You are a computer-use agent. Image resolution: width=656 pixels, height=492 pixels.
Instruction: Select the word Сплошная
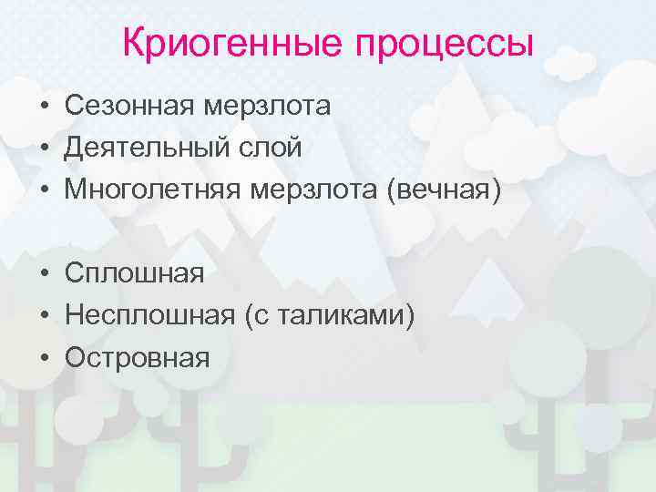click(134, 272)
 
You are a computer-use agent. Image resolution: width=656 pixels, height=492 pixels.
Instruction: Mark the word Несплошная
click(149, 315)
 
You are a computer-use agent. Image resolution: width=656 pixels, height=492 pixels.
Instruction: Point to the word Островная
click(137, 357)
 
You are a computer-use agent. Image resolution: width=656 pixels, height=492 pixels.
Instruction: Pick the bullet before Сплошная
click(44, 273)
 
